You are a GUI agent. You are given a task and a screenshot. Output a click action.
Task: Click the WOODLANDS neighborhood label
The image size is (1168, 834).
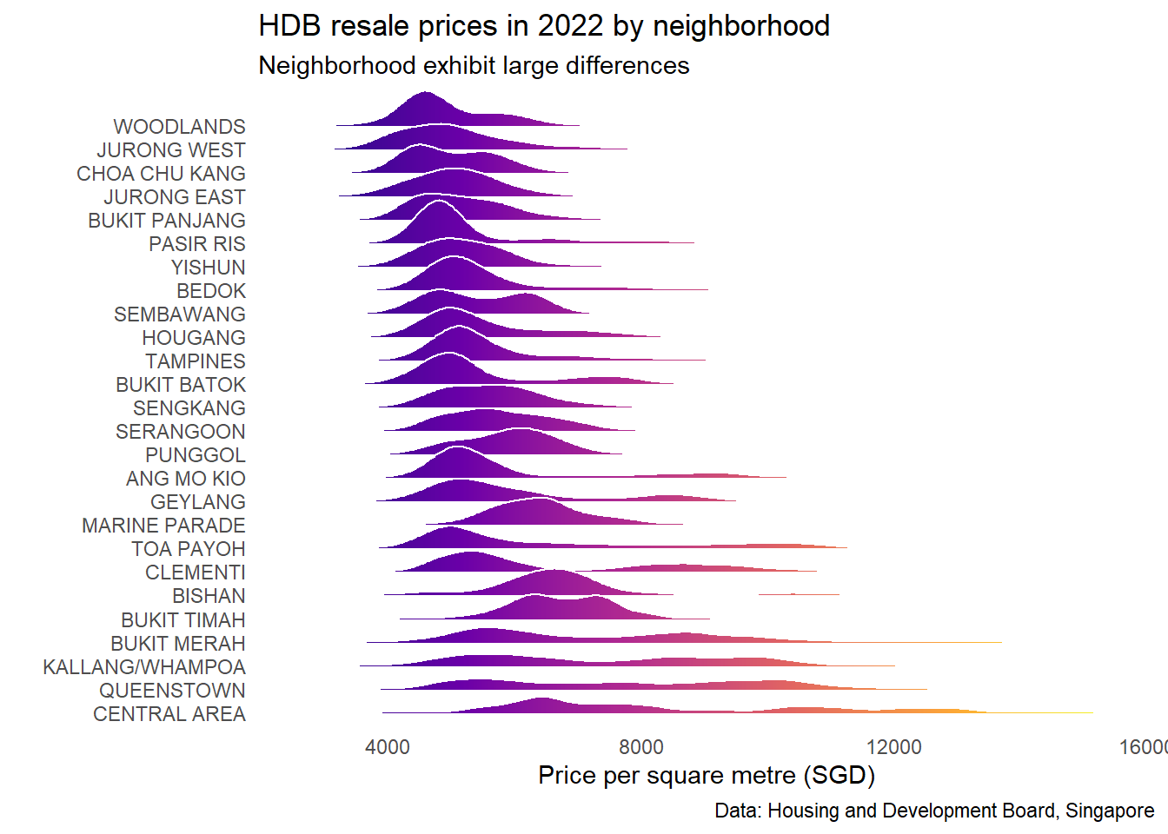pyautogui.click(x=179, y=127)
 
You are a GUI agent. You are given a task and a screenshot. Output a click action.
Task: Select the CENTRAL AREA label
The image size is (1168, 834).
pyautogui.click(x=169, y=714)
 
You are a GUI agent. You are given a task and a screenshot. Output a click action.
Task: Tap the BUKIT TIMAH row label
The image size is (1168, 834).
pyautogui.click(x=183, y=620)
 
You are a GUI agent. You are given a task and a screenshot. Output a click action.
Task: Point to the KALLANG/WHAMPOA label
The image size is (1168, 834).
pyautogui.click(x=144, y=667)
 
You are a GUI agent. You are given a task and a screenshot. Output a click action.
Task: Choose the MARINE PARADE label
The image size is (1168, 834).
pyautogui.click(x=163, y=526)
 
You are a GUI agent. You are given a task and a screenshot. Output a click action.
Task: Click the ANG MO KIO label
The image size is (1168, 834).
pyautogui.click(x=186, y=479)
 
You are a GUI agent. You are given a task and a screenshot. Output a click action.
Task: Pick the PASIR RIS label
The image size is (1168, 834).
pyautogui.click(x=197, y=244)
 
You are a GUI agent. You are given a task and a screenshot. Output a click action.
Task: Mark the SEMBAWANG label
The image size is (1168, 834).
pyautogui.click(x=180, y=314)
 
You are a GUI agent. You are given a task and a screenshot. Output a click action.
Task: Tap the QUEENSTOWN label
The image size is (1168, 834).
pyautogui.click(x=172, y=691)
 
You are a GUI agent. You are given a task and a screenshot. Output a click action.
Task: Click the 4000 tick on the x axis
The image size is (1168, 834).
pyautogui.click(x=388, y=747)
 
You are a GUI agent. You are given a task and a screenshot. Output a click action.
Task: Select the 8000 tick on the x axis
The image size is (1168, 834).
pyautogui.click(x=641, y=747)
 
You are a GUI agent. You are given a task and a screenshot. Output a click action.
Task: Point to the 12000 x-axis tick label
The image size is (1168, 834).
pyautogui.click(x=894, y=747)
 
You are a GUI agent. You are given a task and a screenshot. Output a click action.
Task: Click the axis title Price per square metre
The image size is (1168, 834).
pyautogui.click(x=706, y=775)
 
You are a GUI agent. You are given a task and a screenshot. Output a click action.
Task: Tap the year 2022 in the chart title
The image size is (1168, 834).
pyautogui.click(x=570, y=26)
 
